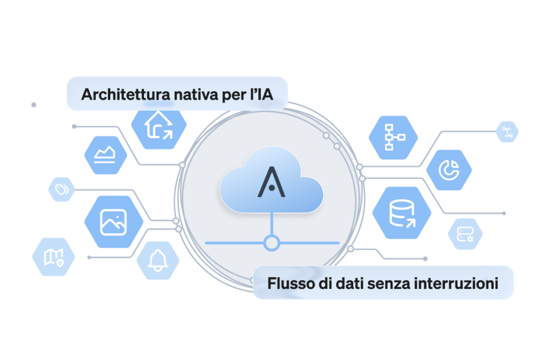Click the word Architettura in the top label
[126, 94]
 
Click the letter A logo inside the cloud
[272, 182]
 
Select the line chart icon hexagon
[105, 155]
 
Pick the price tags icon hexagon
[62, 189]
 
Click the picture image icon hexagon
[114, 222]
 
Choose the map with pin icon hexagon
[53, 257]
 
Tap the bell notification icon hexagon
[158, 260]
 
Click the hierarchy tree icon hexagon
[393, 138]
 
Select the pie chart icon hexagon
[449, 170]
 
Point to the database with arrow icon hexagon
[401, 213]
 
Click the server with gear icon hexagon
[465, 234]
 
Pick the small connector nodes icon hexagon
[507, 132]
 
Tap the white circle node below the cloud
[272, 242]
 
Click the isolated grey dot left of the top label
[34, 105]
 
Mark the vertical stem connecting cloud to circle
[272, 223]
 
